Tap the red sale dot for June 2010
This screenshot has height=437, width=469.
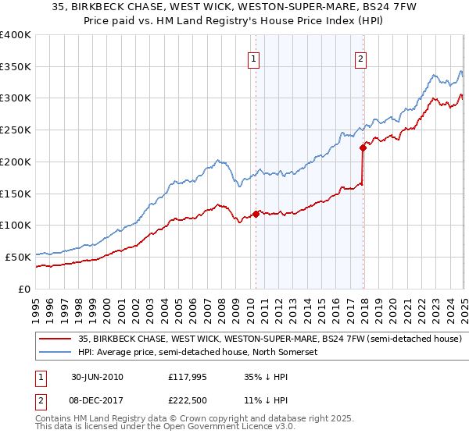coord(256,213)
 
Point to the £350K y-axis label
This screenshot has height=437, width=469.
coord(16,67)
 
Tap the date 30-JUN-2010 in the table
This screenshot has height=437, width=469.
coord(97,377)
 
